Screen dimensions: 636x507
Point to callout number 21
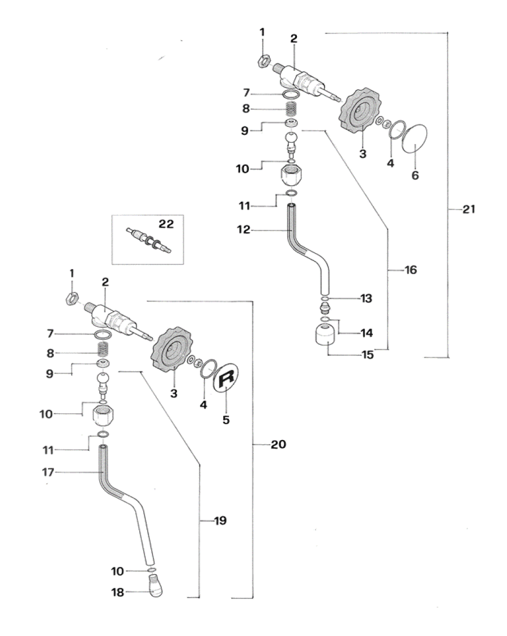point(468,210)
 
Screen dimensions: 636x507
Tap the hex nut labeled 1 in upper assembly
point(262,61)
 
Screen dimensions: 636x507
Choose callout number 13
point(366,298)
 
